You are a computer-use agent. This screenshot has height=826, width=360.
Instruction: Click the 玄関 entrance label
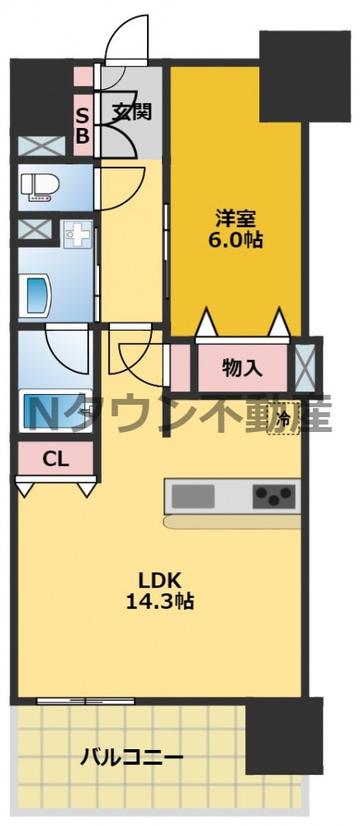click(x=131, y=111)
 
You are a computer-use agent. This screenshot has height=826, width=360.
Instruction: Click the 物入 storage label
click(x=243, y=368)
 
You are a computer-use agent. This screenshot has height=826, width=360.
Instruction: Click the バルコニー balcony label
click(x=132, y=756)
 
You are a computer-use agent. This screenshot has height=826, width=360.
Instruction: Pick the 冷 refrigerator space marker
click(x=283, y=420)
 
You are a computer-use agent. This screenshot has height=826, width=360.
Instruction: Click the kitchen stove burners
click(x=274, y=496)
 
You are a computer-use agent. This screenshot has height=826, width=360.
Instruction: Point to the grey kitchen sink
click(x=193, y=496)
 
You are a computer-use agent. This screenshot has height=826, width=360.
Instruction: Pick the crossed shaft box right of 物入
click(x=305, y=365)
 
